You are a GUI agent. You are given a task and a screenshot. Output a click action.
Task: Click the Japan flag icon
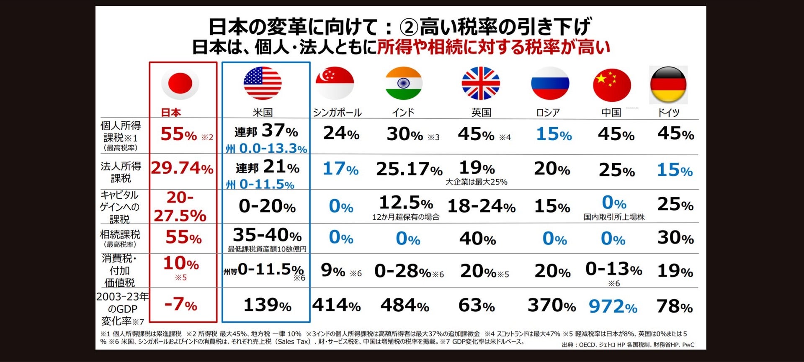[180, 83]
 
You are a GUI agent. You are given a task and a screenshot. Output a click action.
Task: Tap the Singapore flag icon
[335, 83]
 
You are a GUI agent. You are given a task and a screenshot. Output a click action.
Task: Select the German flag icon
[668, 85]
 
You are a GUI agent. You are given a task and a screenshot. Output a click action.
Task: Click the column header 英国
[481, 113]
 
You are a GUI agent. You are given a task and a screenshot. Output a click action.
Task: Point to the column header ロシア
[548, 113]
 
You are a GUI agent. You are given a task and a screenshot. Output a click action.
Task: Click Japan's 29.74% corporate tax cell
[182, 168]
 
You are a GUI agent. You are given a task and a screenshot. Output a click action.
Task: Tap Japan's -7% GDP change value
[181, 304]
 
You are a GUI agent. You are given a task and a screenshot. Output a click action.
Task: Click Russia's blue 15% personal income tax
[554, 134]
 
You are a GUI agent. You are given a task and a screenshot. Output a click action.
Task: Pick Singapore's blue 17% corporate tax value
[340, 169]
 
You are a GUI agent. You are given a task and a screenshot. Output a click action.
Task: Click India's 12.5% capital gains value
[405, 203]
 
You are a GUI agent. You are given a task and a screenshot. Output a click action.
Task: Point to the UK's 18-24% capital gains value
[481, 206]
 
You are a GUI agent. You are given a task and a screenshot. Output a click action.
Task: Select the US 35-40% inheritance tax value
[267, 235]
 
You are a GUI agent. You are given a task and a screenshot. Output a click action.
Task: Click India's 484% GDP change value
[405, 306]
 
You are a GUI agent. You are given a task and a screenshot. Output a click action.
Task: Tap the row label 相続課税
[120, 235]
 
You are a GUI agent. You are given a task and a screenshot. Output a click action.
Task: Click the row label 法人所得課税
[121, 172]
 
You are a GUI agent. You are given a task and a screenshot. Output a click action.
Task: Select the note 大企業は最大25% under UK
[476, 182]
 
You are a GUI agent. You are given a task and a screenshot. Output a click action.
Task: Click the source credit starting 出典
[628, 345]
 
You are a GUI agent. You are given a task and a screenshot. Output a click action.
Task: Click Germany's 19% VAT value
[675, 271]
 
